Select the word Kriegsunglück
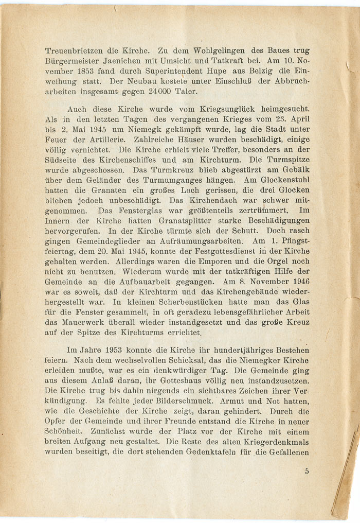[218, 109]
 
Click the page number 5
[307, 470]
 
